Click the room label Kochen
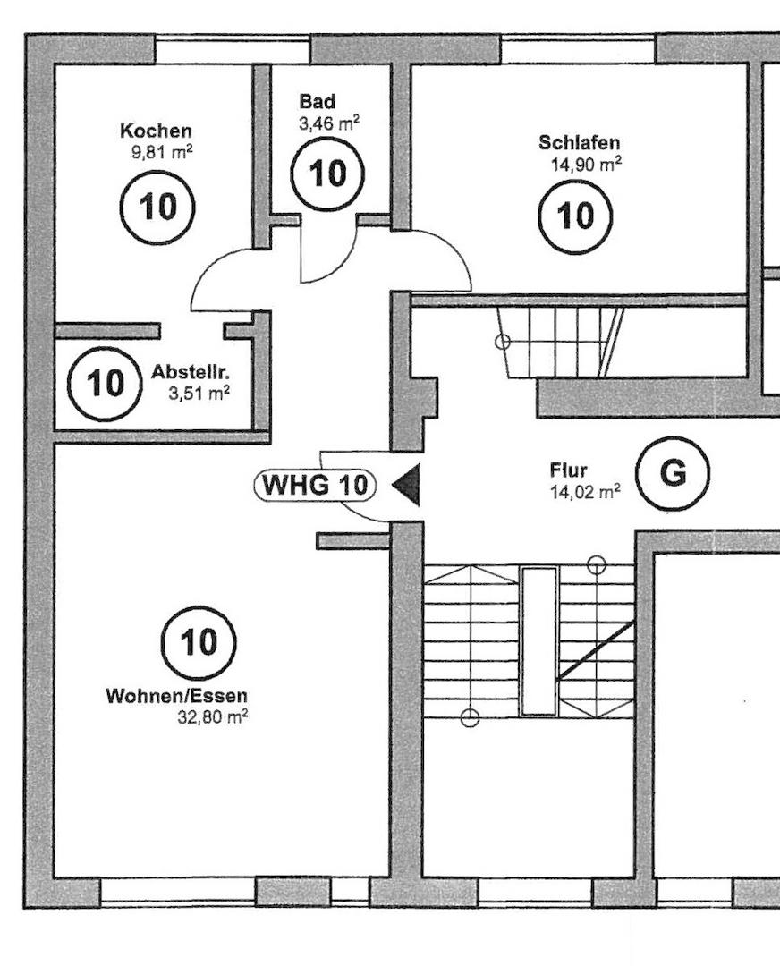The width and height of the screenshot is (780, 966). (x=156, y=131)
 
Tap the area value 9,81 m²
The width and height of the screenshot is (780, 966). (x=161, y=151)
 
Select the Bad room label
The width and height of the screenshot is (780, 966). (x=318, y=103)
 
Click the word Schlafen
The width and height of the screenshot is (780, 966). (x=579, y=143)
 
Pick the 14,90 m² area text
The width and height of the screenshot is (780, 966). (x=587, y=164)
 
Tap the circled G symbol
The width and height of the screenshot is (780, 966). (x=673, y=473)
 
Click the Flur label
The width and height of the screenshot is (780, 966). (x=568, y=470)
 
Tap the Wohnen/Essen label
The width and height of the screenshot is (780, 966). (x=177, y=696)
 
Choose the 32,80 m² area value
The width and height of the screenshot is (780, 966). (x=213, y=716)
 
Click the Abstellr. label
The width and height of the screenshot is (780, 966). (x=190, y=371)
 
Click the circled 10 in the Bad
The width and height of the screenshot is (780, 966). (x=327, y=174)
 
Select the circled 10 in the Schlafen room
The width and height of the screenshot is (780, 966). (x=575, y=216)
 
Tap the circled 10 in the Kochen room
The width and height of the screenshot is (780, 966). (x=157, y=207)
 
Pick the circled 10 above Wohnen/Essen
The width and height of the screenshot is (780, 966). (x=199, y=641)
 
